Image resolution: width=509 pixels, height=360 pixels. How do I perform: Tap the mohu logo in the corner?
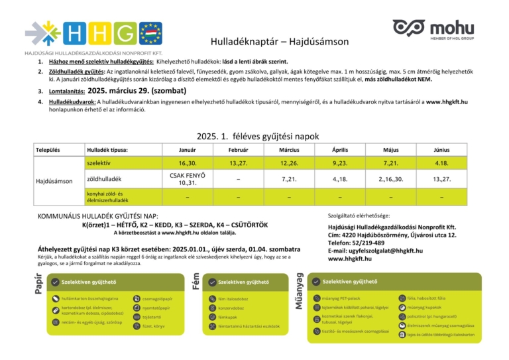(x=432, y=30)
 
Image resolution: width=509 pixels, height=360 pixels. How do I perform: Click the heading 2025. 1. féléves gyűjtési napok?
(x=254, y=136)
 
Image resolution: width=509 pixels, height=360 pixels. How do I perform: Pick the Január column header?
(x=188, y=150)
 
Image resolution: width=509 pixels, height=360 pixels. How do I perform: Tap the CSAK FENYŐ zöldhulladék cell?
(x=188, y=179)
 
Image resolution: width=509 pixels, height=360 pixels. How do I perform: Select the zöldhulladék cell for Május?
(x=390, y=179)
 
